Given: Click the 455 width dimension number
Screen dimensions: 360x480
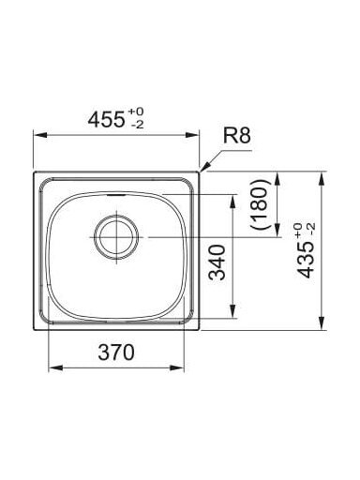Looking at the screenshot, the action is pyautogui.click(x=106, y=120).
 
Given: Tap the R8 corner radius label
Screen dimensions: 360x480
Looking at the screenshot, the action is pyautogui.click(x=236, y=136).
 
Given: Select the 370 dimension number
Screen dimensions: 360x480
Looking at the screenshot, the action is pyautogui.click(x=116, y=352).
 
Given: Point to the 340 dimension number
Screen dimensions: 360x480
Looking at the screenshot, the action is pyautogui.click(x=217, y=262).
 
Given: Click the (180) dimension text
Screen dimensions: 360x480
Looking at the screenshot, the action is pyautogui.click(x=261, y=204).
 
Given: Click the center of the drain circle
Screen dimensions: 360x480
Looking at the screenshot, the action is pyautogui.click(x=116, y=237).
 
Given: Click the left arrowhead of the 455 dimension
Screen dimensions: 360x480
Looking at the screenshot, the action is pyautogui.click(x=40, y=135).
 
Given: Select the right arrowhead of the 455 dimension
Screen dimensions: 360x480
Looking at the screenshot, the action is pyautogui.click(x=192, y=135).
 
